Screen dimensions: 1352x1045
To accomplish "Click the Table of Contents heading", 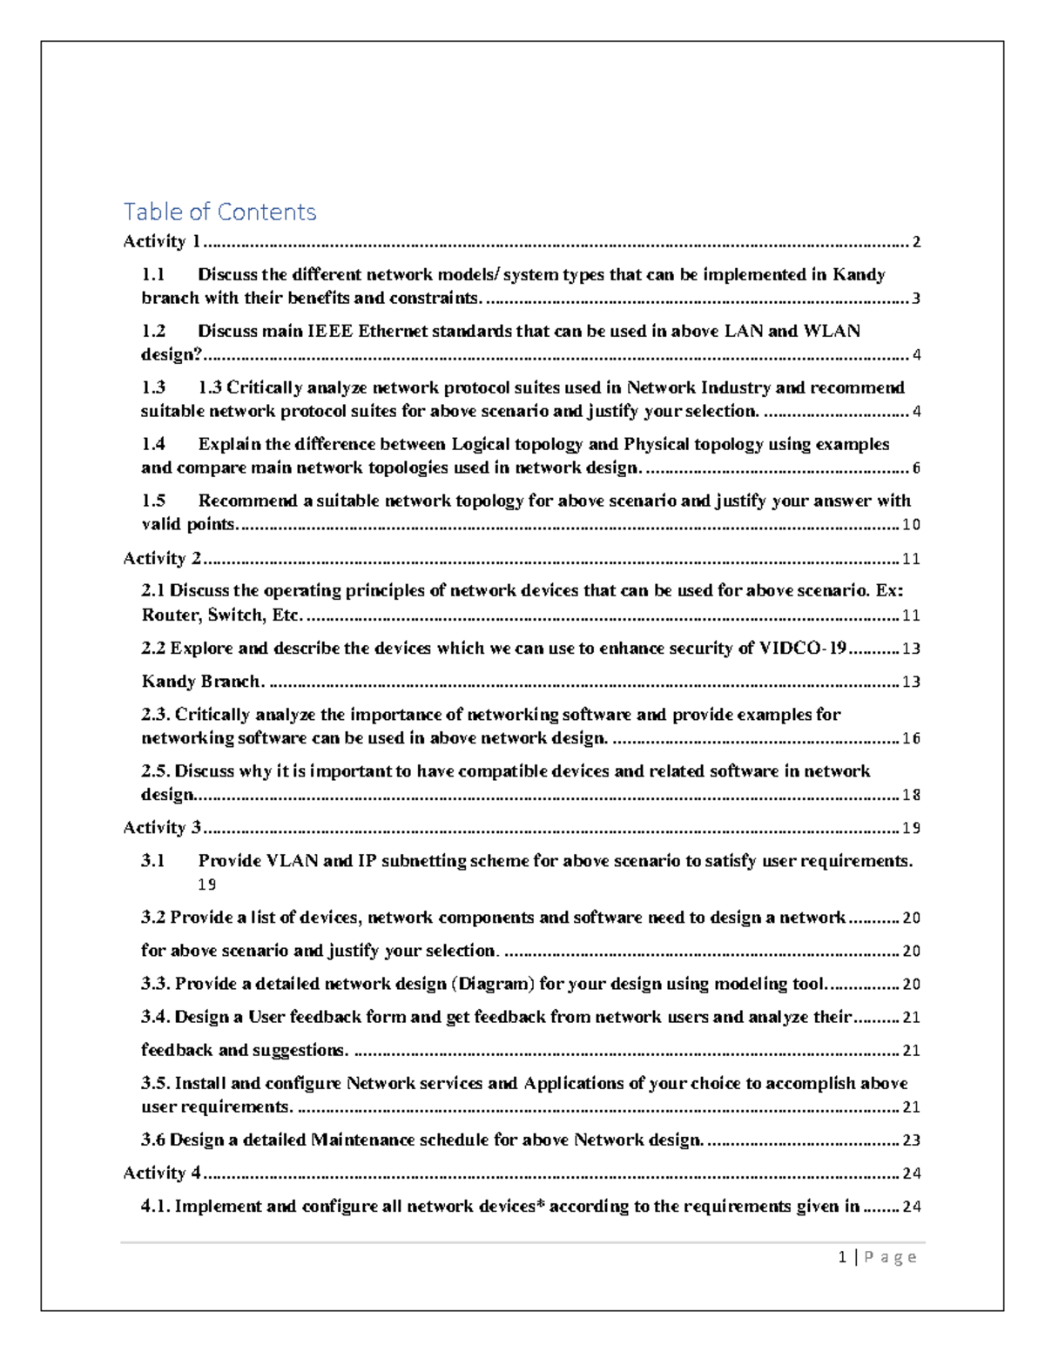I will [219, 212].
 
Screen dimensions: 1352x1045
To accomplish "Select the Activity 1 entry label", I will [161, 241].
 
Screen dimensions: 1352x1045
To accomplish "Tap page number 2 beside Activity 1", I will [916, 242].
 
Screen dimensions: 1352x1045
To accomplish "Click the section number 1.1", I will [153, 274].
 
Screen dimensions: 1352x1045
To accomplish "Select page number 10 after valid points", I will [911, 525].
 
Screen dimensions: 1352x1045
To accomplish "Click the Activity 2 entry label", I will [162, 558].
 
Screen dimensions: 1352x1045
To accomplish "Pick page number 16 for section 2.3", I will [911, 738].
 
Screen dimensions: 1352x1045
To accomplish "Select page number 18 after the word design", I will [911, 795].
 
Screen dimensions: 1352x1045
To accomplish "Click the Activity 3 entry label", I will [162, 827].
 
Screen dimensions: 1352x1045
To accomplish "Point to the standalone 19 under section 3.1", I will [206, 885].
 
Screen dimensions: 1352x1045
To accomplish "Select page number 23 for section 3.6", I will [911, 1140].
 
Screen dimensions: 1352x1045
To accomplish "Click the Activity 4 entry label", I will [162, 1173].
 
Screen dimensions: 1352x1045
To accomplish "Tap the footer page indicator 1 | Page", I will [877, 1257].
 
